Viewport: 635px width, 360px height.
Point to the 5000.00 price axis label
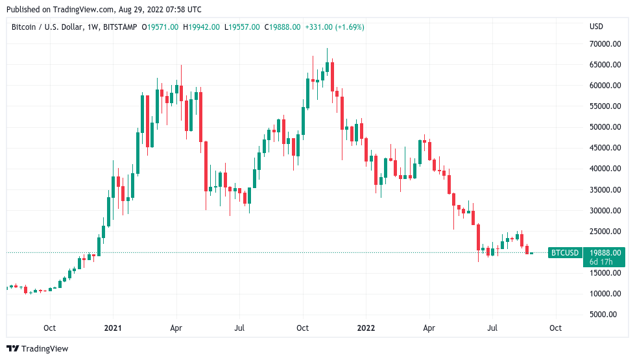[x=606, y=315]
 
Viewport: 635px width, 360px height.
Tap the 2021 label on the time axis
[x=114, y=328]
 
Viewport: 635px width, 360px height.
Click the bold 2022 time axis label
[x=366, y=328]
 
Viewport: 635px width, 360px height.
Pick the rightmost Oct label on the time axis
[x=555, y=328]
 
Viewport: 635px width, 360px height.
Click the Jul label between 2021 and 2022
[x=239, y=328]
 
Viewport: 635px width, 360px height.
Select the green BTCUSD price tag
[x=564, y=253]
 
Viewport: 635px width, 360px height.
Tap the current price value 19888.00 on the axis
[x=604, y=253]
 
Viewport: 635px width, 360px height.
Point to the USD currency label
[x=596, y=27]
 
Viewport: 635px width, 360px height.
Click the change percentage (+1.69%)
[x=347, y=27]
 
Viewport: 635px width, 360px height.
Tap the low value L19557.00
[x=243, y=27]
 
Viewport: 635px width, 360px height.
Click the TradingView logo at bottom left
[x=37, y=349]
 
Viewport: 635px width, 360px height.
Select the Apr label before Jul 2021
[x=176, y=328]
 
